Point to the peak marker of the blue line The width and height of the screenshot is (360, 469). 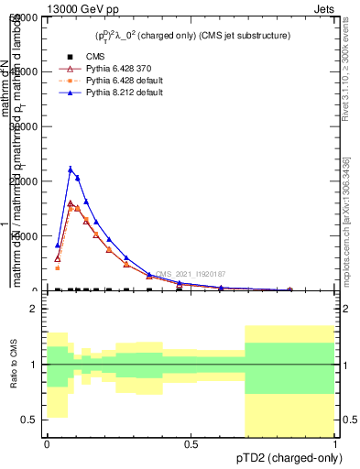71,169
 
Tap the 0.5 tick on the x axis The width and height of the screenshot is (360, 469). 191,444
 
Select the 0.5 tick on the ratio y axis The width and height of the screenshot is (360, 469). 28,420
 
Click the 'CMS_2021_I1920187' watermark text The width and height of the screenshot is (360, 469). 190,274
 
